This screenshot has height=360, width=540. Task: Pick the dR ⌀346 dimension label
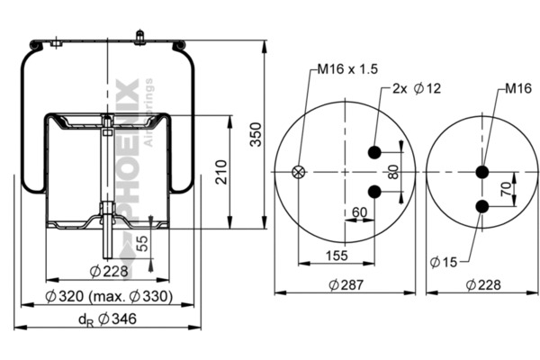click(x=105, y=319)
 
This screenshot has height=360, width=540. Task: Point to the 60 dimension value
click(x=360, y=213)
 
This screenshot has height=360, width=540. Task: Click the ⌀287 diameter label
click(x=344, y=285)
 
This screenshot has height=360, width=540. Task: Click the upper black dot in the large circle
click(x=373, y=152)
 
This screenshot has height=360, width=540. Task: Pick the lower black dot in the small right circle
click(x=482, y=208)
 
